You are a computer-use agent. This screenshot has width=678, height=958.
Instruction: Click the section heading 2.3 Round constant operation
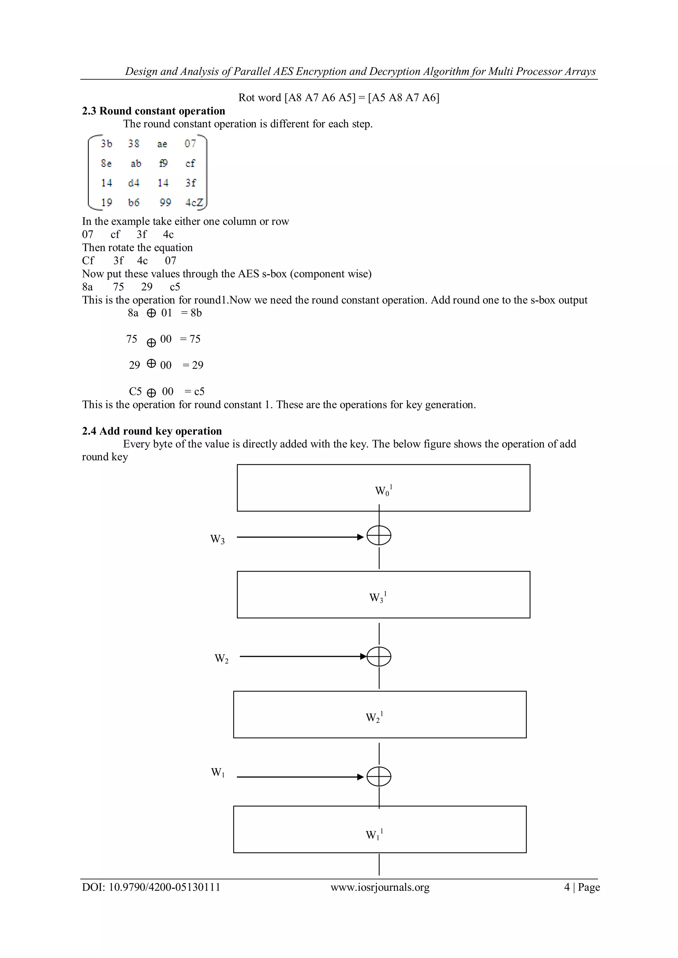click(x=153, y=111)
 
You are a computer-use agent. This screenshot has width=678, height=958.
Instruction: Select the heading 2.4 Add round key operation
click(x=152, y=431)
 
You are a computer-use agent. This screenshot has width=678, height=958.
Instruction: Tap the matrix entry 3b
click(x=107, y=144)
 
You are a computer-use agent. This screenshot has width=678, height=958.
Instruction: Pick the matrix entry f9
click(x=163, y=163)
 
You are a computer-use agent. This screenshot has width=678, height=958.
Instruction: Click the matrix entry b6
click(x=134, y=202)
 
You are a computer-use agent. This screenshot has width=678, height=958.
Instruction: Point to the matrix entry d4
click(x=134, y=183)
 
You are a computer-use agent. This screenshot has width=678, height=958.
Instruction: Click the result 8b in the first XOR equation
click(x=196, y=313)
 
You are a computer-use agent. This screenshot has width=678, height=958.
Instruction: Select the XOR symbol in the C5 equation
click(x=152, y=392)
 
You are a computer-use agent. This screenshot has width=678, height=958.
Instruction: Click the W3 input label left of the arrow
click(x=217, y=539)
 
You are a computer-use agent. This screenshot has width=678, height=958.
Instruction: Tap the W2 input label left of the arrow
click(x=221, y=658)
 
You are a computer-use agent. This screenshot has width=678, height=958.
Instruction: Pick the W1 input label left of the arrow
click(x=218, y=772)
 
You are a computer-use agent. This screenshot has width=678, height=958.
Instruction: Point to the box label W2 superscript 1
click(x=374, y=717)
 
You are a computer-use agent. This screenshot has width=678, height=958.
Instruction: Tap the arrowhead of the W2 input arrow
click(x=363, y=656)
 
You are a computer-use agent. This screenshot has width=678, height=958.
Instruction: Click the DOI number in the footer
click(x=164, y=887)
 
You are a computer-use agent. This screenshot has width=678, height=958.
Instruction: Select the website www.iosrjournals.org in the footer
click(x=380, y=887)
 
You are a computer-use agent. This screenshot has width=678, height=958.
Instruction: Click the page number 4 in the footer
click(x=566, y=887)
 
